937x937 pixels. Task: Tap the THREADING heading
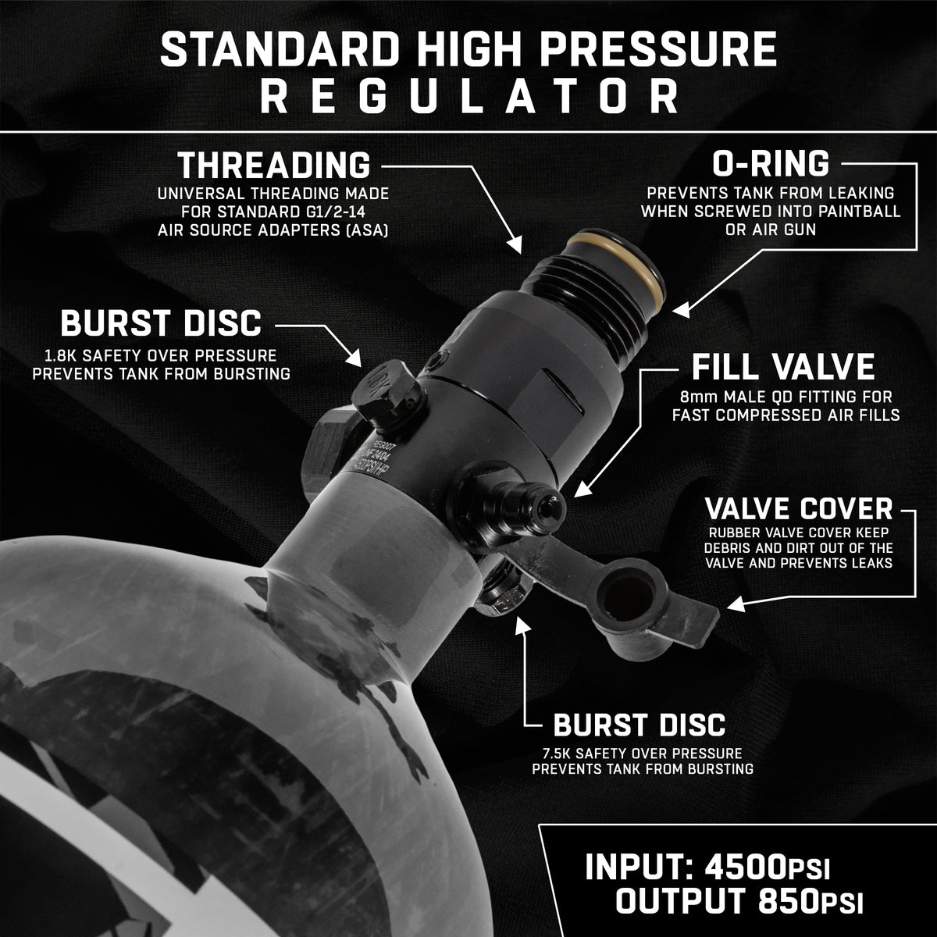(x=274, y=166)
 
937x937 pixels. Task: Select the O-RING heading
(x=771, y=164)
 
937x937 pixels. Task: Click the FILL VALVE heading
(x=783, y=367)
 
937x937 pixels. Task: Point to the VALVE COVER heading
(x=799, y=509)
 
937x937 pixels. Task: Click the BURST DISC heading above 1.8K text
(x=161, y=322)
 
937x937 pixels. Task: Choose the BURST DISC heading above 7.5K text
(x=639, y=725)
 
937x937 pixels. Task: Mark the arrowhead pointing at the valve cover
(x=736, y=604)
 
